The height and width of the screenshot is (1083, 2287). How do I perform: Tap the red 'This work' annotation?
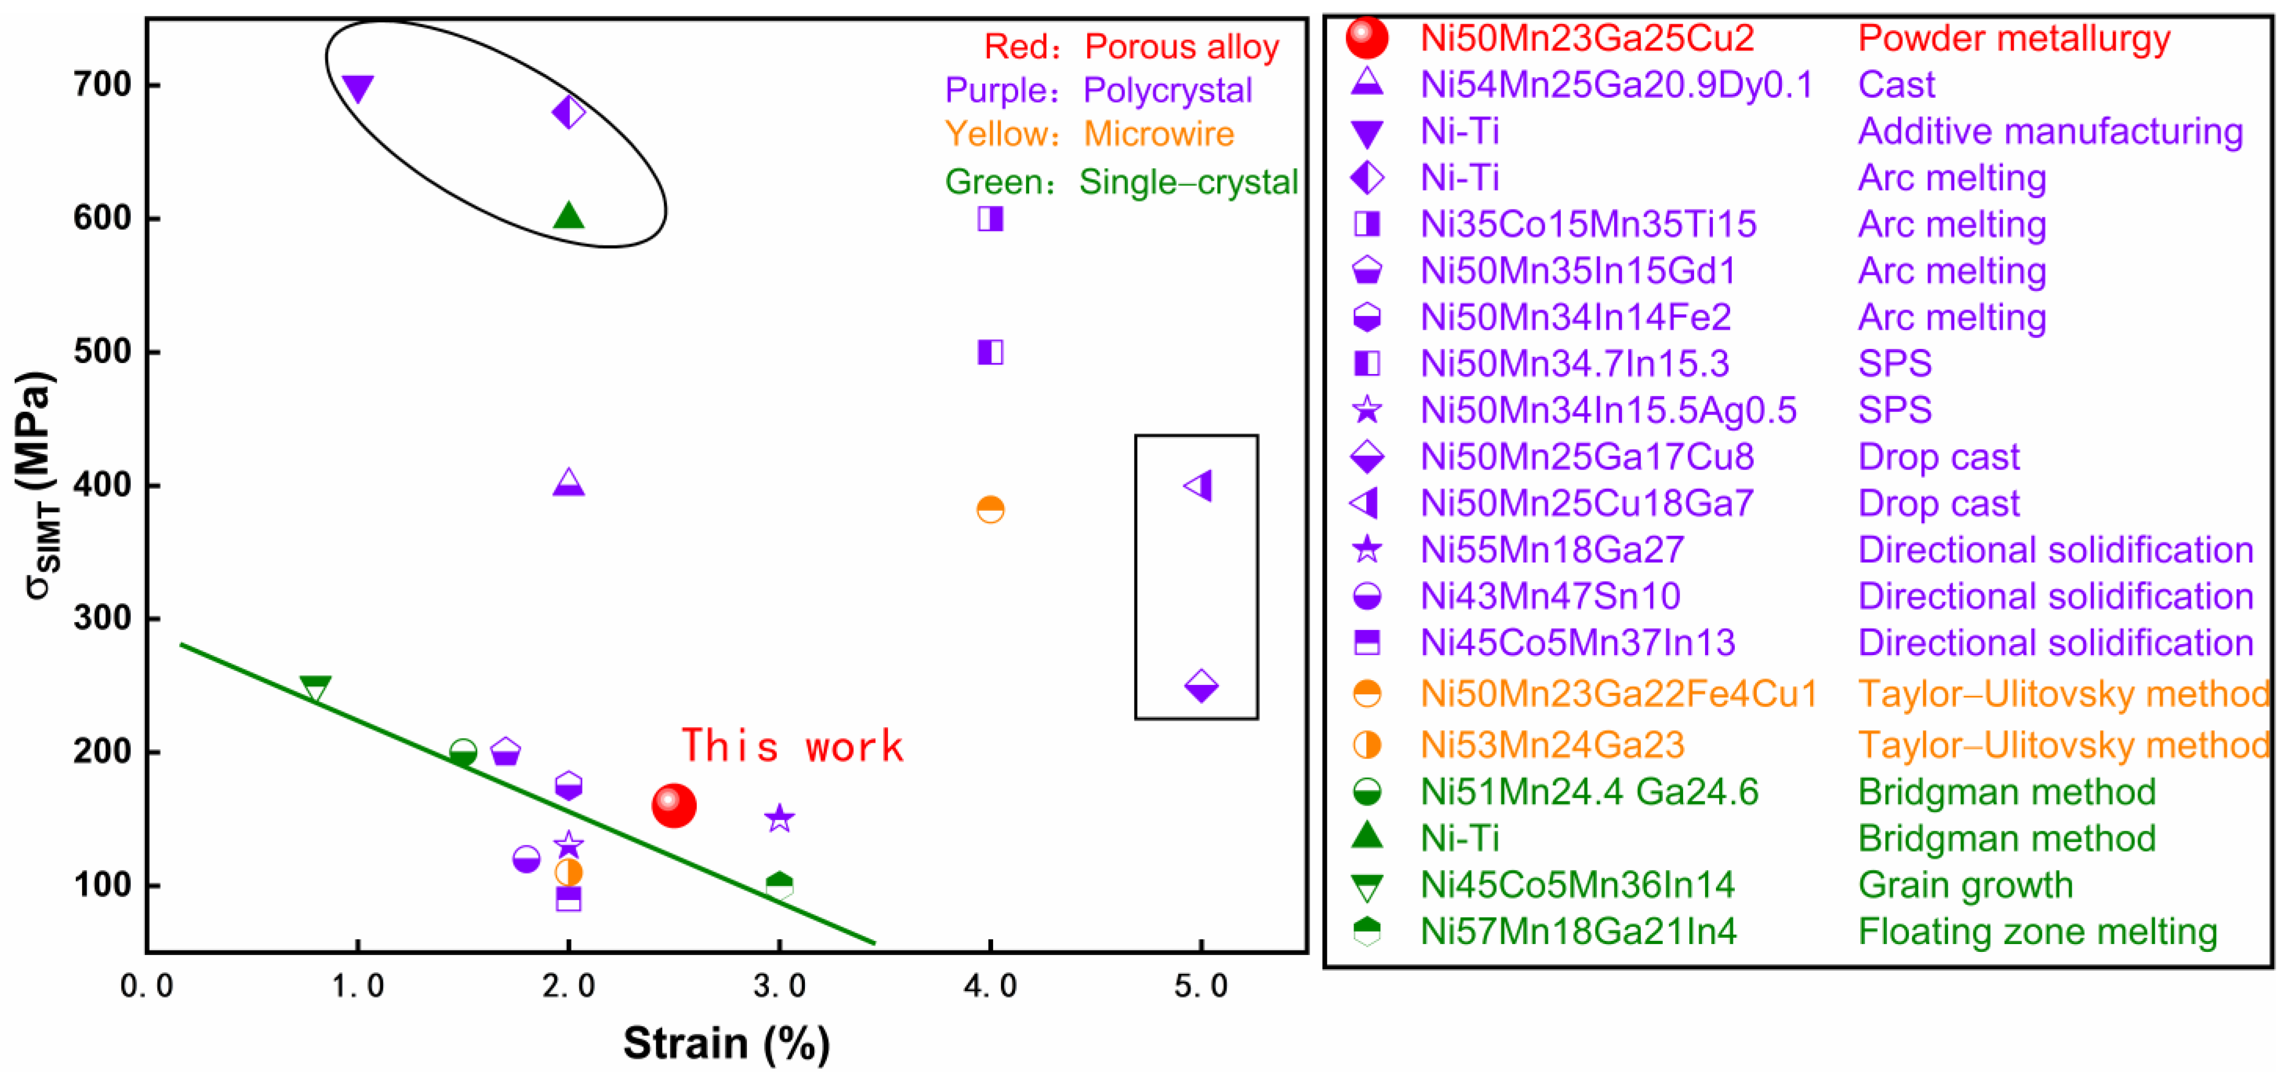point(792,746)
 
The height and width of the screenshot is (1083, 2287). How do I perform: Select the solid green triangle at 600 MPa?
point(568,216)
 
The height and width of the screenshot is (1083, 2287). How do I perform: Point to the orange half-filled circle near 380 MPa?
point(990,509)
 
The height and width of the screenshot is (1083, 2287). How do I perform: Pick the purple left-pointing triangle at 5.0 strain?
point(1198,485)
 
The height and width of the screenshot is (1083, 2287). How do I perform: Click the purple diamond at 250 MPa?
point(1201,686)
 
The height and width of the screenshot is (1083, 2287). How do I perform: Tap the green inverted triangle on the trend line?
point(315,689)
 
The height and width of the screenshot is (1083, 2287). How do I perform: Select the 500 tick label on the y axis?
point(102,352)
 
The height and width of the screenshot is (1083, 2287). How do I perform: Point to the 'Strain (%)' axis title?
point(726,1043)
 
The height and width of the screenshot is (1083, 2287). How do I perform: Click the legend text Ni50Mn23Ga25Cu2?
point(1588,38)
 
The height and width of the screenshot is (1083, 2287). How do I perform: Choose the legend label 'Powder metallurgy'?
point(2014,38)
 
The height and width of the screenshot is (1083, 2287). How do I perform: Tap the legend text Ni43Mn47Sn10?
point(1550,596)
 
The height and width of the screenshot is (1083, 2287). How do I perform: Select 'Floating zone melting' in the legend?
point(2037,931)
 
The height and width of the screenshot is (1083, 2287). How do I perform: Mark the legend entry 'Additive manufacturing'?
point(2050,131)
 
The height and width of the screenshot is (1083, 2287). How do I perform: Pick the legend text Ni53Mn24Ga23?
point(1552,745)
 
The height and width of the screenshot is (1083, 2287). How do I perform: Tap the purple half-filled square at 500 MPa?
point(990,353)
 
